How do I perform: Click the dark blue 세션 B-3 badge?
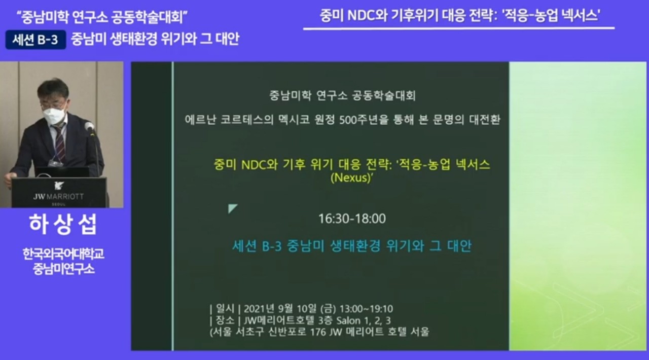pos(35,40)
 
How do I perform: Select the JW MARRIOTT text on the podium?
pos(58,197)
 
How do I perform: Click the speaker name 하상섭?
pos(63,224)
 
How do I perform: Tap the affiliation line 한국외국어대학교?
pos(63,254)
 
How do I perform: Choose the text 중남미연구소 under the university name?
pos(63,269)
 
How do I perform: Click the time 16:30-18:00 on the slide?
pos(352,219)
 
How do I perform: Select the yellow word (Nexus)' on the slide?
pos(351,177)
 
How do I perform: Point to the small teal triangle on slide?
pos(232,208)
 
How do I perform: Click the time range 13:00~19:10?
pos(366,309)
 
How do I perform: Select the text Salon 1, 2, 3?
pos(364,320)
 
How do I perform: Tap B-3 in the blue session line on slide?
pos(272,246)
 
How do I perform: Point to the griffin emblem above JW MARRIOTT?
pos(59,186)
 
